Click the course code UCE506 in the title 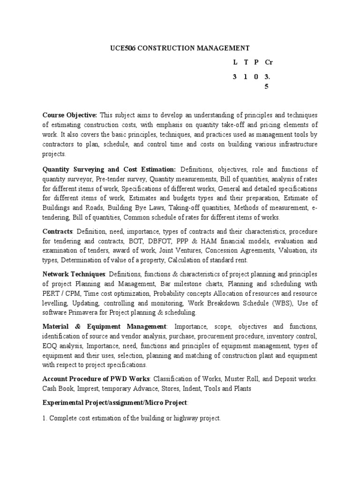coord(122,48)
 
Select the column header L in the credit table coord(235,62)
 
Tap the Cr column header coord(269,62)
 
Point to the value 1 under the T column coord(245,76)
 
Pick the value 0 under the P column coord(256,76)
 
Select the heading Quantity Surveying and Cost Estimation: coord(109,169)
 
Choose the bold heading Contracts coord(58,232)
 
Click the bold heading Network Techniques coord(75,274)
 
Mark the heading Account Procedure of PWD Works coord(97,379)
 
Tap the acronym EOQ coord(50,346)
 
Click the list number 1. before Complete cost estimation coord(45,418)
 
